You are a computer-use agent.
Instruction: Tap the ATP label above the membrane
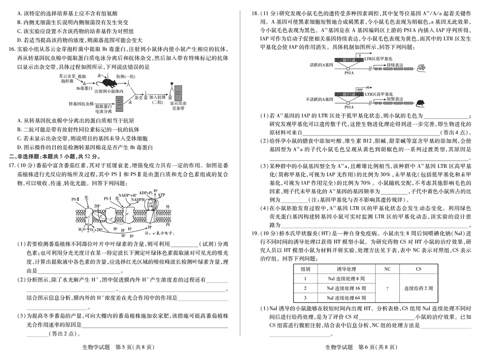pyautogui.click(x=161, y=195)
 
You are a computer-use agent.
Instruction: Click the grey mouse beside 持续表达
pyautogui.click(x=421, y=68)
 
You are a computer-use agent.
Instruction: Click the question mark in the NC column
pyautogui.click(x=387, y=288)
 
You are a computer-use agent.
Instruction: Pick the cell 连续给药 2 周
pyautogui.click(x=419, y=288)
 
